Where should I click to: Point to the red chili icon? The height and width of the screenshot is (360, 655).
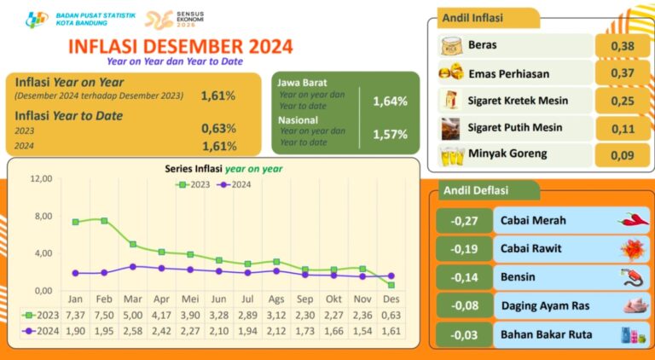coord(633,220)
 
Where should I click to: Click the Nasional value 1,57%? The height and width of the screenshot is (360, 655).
coord(390,135)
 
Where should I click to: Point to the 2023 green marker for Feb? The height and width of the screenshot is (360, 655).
coord(104,221)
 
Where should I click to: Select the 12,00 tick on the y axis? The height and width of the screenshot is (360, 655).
coord(40,179)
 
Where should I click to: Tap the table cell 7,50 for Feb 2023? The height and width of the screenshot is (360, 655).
coord(104,316)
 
